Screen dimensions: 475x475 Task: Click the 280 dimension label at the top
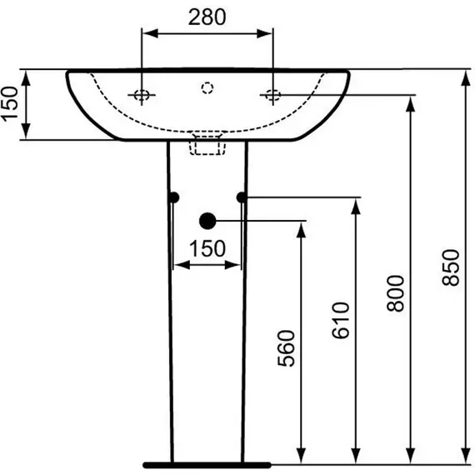pos(207,17)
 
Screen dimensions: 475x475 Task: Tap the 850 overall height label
pos(451,267)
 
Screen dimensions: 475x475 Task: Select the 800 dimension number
pos(396,293)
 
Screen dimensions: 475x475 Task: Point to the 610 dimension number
pos(341,320)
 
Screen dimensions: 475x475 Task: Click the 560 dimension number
pos(287,348)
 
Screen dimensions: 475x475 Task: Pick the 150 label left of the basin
pos(9,104)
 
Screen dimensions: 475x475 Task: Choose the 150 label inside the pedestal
pos(207,248)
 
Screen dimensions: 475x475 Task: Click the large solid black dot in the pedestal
pos(207,221)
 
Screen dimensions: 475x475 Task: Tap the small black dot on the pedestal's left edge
pos(174,197)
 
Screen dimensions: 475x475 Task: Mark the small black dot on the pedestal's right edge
pos(242,197)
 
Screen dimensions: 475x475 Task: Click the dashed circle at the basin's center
pos(207,87)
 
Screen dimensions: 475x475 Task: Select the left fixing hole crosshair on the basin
pos(142,95)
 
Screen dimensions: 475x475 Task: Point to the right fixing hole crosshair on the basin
pos(273,95)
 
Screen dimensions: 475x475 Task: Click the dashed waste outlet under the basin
pos(207,143)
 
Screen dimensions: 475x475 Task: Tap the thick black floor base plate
pos(207,465)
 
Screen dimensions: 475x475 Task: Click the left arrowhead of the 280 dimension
pos(150,33)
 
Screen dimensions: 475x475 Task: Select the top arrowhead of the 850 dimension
pos(466,78)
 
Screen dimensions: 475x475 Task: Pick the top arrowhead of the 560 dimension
pos(301,230)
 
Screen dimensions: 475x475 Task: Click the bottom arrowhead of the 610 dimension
pos(356,455)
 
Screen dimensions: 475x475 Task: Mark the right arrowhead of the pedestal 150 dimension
pos(232,265)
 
